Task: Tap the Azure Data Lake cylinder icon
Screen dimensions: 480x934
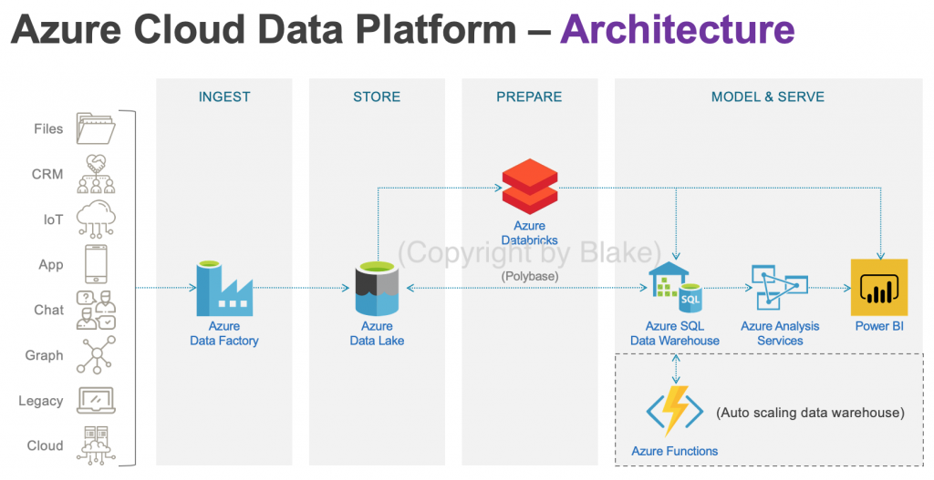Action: (377, 288)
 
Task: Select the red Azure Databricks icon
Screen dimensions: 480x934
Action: (529, 186)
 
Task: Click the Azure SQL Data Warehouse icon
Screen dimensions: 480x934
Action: (675, 288)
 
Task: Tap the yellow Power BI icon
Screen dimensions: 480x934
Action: (878, 287)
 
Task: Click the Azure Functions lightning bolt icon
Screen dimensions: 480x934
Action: (674, 411)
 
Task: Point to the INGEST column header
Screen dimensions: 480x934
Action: (224, 97)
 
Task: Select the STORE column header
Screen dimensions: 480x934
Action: (377, 97)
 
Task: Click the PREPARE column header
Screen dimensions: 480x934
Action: (529, 97)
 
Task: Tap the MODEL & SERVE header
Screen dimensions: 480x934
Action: (768, 97)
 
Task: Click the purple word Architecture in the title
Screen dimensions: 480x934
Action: (677, 31)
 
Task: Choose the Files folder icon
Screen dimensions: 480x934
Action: (96, 128)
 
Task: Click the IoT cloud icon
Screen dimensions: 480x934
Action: (96, 219)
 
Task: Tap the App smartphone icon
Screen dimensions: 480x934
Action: (96, 264)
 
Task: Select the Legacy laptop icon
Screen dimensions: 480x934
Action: (96, 400)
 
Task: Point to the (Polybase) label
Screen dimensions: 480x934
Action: (529, 275)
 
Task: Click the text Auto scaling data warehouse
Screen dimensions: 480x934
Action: (810, 413)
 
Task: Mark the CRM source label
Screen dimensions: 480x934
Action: (47, 174)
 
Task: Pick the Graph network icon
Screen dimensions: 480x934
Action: (96, 354)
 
